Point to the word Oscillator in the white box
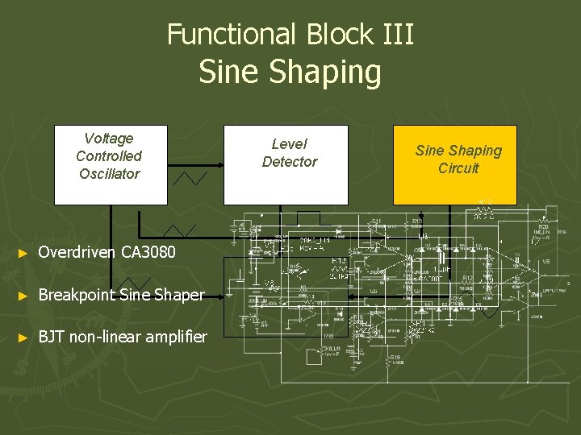click(109, 174)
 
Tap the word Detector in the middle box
click(290, 162)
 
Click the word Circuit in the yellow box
click(458, 168)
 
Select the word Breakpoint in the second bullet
click(77, 295)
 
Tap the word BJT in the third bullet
click(52, 337)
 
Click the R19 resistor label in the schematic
click(394, 357)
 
